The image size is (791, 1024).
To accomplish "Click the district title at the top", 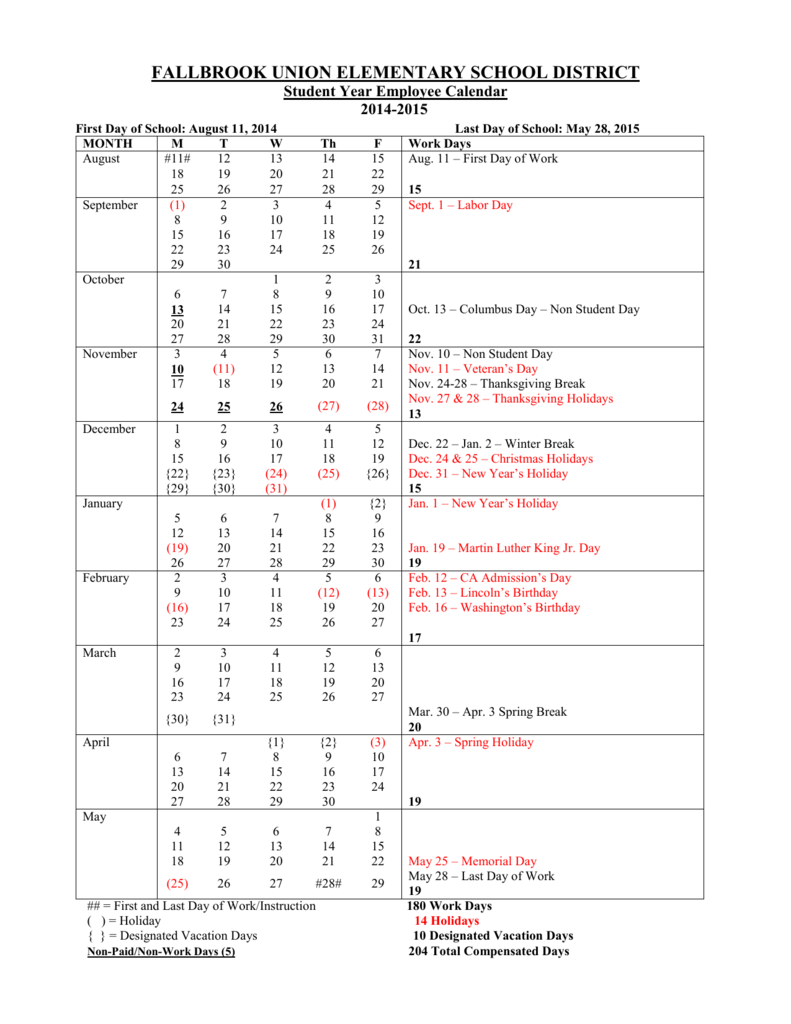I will [x=395, y=72].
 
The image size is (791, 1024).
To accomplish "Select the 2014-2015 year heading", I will [x=395, y=110].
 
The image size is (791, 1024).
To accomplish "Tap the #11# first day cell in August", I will [x=177, y=159].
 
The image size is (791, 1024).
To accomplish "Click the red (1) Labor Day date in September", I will [x=177, y=205].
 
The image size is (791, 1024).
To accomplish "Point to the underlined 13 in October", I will [x=177, y=310].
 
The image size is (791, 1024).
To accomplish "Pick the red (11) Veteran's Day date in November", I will [x=224, y=370].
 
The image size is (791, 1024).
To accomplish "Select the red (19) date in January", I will [x=177, y=549].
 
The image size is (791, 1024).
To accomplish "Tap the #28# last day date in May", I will [x=328, y=884].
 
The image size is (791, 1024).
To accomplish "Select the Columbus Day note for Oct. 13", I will [x=524, y=310].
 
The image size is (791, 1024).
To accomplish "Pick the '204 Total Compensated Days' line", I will [x=489, y=951].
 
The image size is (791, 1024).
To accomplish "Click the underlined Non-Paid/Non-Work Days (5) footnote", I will [x=161, y=951].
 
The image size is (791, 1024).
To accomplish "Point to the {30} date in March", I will [x=177, y=719].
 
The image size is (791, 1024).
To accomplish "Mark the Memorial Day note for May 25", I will [x=473, y=861].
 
